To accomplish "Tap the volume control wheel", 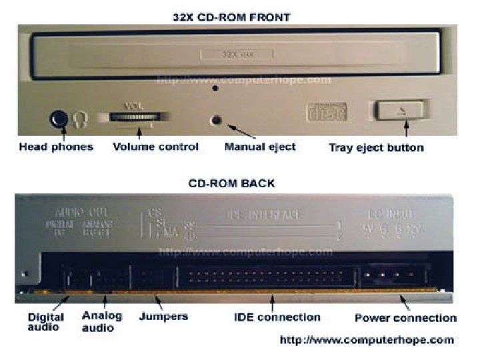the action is tap(131, 117).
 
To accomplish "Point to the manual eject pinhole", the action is tap(216, 121).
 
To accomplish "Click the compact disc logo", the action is tap(326, 111).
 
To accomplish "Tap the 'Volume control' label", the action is tap(155, 147).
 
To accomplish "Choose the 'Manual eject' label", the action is tap(259, 147).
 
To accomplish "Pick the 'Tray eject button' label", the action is tap(376, 147).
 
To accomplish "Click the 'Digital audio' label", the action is tap(46, 321).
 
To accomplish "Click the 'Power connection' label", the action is tap(405, 318).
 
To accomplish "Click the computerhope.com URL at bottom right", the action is tap(367, 340).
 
